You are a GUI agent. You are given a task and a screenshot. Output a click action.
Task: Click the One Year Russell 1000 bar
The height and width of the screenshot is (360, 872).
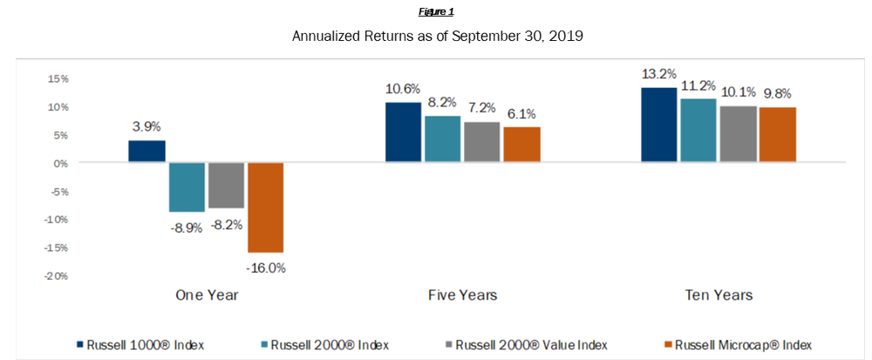(146, 152)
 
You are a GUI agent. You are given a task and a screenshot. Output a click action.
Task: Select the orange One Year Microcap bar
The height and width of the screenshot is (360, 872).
(265, 207)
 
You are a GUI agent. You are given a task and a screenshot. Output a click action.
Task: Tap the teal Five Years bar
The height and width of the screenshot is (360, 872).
(442, 139)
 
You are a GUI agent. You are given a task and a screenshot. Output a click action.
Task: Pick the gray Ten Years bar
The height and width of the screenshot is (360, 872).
(738, 134)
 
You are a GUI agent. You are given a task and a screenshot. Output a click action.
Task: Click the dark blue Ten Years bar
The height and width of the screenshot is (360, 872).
(658, 126)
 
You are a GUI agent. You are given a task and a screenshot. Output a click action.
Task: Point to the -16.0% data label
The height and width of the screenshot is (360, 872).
(266, 268)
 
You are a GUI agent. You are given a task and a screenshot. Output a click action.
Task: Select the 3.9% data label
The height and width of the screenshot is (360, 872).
(146, 126)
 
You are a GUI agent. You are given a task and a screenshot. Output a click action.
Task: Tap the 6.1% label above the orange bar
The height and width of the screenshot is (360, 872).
(522, 113)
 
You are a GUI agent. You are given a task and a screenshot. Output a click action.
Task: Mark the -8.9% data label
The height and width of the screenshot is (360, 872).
(187, 228)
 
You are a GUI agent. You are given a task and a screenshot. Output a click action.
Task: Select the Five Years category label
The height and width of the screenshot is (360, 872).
(463, 295)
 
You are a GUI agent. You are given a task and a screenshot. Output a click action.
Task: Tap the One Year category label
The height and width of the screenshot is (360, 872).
(207, 295)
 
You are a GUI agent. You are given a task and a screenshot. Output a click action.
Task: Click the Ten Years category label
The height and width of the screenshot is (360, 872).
(719, 295)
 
